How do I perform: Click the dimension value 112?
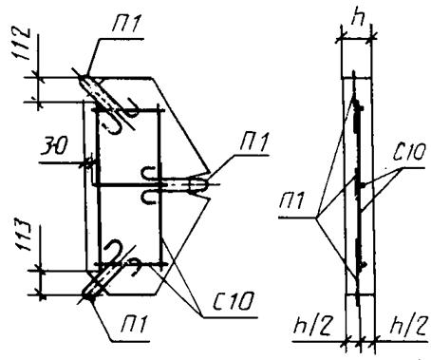click(x=22, y=44)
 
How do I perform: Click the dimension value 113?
click(x=24, y=236)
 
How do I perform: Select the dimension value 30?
click(x=54, y=147)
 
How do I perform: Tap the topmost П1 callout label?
click(x=125, y=23)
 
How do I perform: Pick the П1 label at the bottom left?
click(x=135, y=324)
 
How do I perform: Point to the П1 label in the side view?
click(x=291, y=200)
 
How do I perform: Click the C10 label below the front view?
click(x=234, y=301)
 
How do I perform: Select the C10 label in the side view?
click(x=409, y=152)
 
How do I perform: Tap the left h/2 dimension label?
click(x=312, y=325)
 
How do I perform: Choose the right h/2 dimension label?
click(x=408, y=325)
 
